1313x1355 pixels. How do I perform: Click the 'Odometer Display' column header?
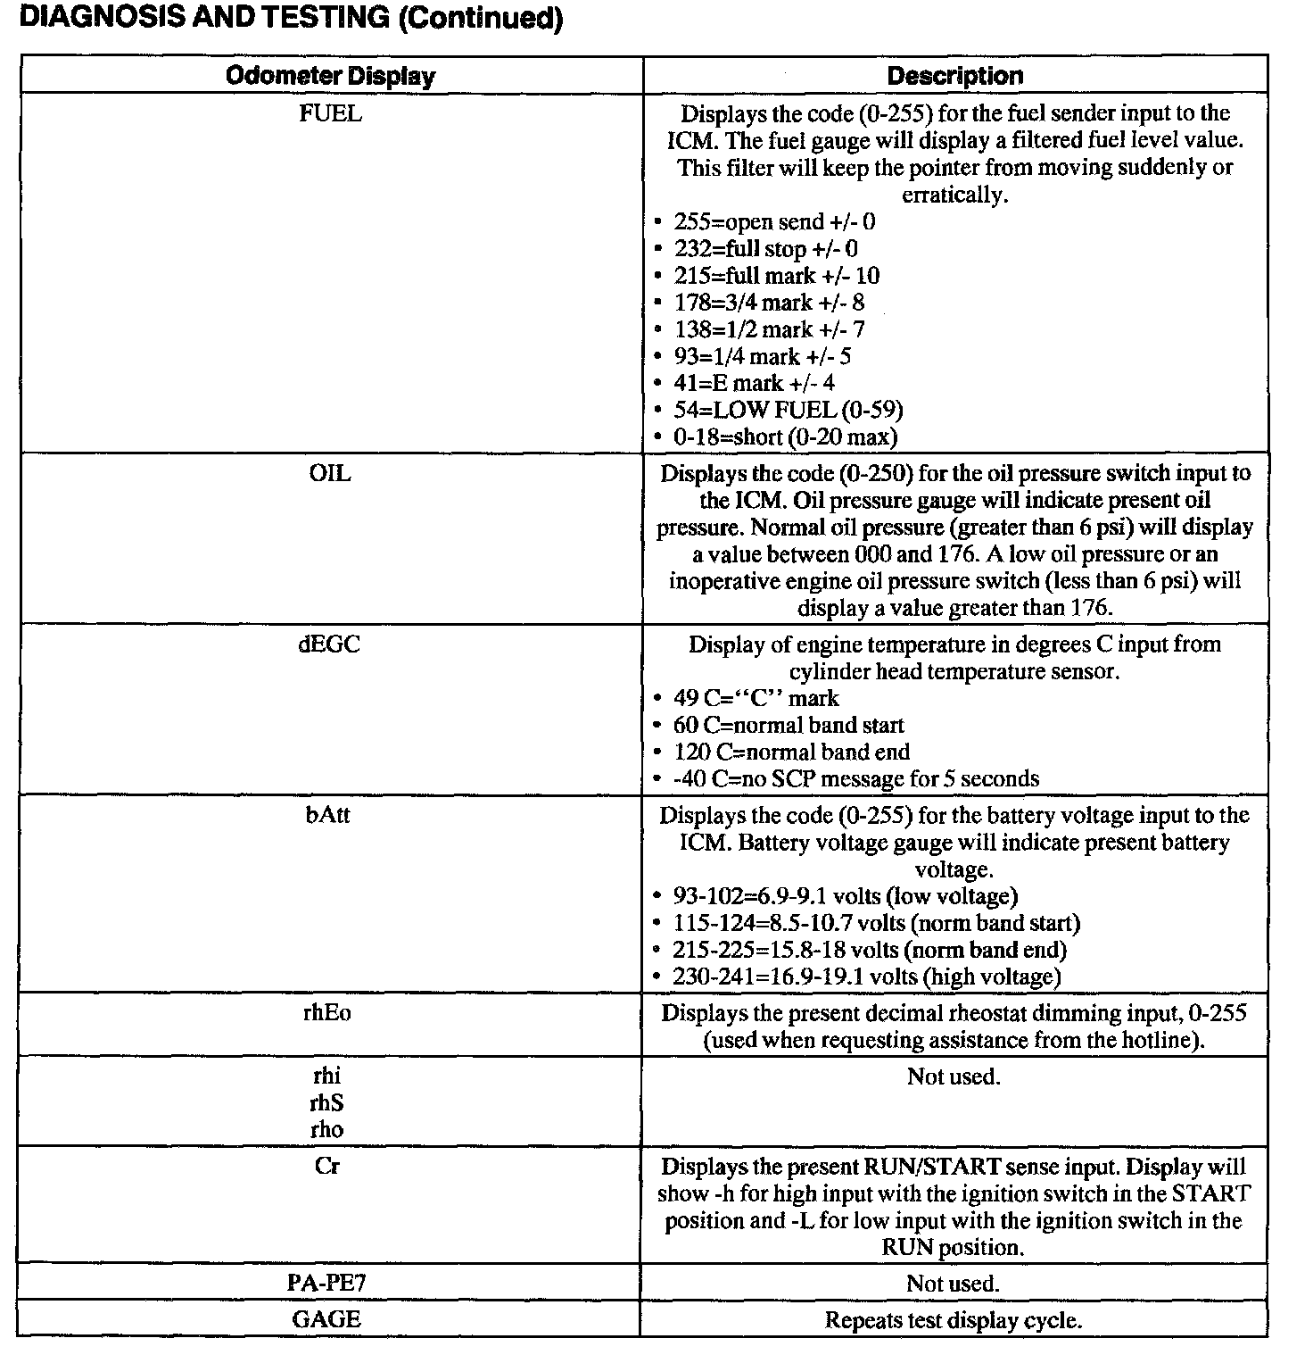pos(330,76)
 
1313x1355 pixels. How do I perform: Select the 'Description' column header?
pos(954,76)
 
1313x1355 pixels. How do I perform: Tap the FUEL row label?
pos(330,113)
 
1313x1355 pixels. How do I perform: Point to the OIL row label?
pos(330,473)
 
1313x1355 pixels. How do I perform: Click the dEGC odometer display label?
pos(329,644)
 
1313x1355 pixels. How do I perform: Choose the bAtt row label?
pos(327,815)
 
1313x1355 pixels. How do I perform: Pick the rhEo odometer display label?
pos(327,1013)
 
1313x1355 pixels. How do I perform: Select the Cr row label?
pos(327,1167)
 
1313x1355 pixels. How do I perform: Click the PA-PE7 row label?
pos(327,1284)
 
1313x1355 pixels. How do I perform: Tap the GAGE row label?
pos(327,1320)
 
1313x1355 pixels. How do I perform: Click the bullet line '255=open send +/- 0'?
pos(774,222)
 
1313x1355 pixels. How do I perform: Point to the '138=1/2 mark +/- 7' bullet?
pos(769,329)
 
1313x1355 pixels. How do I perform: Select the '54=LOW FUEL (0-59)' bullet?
pos(788,410)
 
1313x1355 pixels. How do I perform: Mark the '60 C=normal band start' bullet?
pos(789,725)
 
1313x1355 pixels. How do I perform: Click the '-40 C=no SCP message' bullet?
pos(855,779)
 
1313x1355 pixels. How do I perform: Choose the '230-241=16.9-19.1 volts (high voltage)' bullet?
pos(866,977)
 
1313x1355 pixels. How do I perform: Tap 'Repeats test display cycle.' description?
pos(953,1320)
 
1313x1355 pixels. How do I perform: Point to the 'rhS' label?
pos(327,1103)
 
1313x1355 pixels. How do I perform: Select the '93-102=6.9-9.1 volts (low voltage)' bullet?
pos(845,896)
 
